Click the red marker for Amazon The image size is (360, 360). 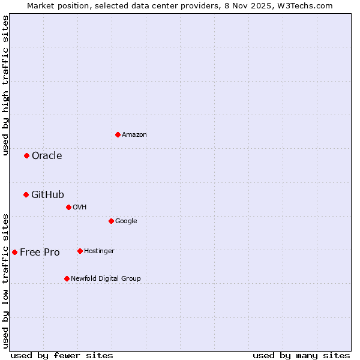coord(118,134)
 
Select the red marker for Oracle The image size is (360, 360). coord(26,156)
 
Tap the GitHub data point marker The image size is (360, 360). coord(26,194)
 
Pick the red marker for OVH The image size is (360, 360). coord(68,207)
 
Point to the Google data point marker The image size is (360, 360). coord(111,221)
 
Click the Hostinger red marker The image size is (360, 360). coord(80,251)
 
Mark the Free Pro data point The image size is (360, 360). coord(14,252)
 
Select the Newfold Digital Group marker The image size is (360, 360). coord(67,278)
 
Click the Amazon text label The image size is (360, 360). coord(134,135)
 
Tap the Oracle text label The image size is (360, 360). coord(47,156)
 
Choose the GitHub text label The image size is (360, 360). coord(47,194)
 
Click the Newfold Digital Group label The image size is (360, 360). coord(106,278)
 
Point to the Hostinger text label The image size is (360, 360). coord(99,251)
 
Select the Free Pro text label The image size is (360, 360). coord(40,252)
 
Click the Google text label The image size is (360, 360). coord(126,221)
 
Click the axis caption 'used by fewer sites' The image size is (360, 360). coord(62,355)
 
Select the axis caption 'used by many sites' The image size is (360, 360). coord(301,355)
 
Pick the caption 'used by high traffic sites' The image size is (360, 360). coord(5,85)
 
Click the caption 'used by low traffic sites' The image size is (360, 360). coord(5,280)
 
